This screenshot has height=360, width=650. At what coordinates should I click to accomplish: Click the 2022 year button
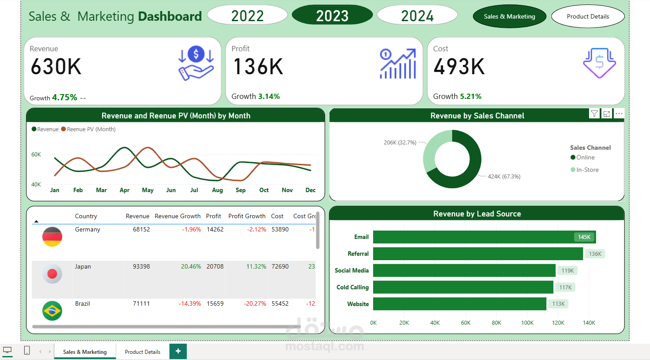[x=247, y=15]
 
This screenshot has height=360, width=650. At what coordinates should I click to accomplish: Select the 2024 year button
[x=417, y=15]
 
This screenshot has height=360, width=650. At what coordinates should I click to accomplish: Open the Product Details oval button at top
[x=588, y=16]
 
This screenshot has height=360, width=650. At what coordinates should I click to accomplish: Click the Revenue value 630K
[x=56, y=67]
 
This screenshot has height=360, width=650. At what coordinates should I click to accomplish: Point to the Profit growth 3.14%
[x=268, y=96]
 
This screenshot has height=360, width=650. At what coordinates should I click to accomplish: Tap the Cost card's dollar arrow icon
[x=599, y=63]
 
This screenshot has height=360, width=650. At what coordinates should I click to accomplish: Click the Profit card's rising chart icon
[x=398, y=64]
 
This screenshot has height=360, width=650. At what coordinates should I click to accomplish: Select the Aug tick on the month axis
[x=217, y=190]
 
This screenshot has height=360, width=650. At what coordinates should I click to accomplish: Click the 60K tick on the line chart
[x=36, y=155]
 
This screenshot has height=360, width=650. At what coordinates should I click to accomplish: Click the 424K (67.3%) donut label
[x=504, y=177]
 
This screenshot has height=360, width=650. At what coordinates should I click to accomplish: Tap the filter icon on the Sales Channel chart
[x=594, y=114]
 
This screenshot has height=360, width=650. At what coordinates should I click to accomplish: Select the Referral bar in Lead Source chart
[x=478, y=254]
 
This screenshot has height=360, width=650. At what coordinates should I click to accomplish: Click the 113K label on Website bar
[x=558, y=304]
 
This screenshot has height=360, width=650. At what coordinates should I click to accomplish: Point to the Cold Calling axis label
[x=352, y=287]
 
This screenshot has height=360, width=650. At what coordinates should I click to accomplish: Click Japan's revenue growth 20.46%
[x=191, y=266]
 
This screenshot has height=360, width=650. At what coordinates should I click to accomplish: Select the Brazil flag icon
[x=52, y=311]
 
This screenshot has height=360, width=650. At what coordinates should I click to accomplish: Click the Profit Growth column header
[x=247, y=216]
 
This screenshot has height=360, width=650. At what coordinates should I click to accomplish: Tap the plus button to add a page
[x=178, y=351]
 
